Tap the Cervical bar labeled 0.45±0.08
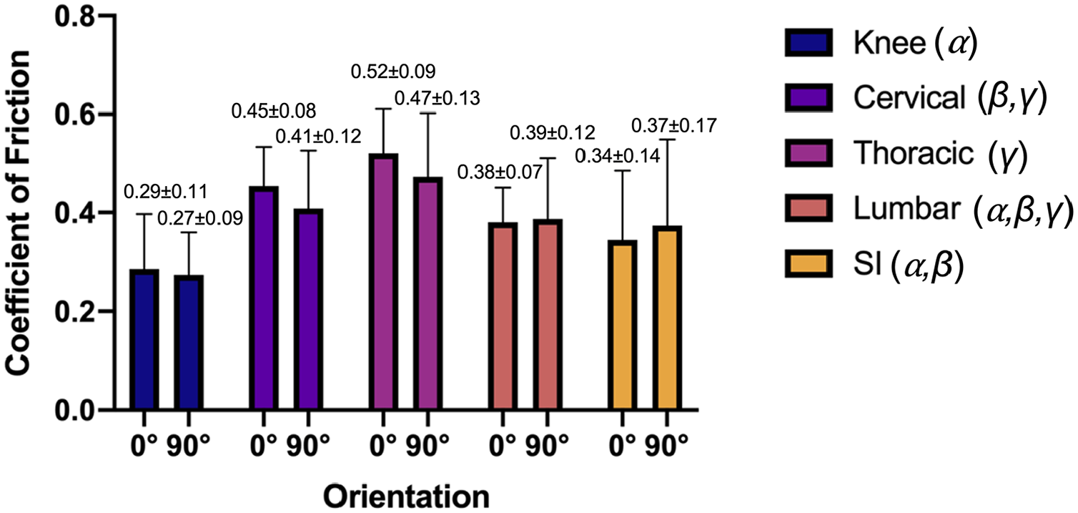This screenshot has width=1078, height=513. pos(266,298)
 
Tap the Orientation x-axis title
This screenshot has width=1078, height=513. pos(406,494)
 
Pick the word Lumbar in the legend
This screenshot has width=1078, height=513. pos(901,210)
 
